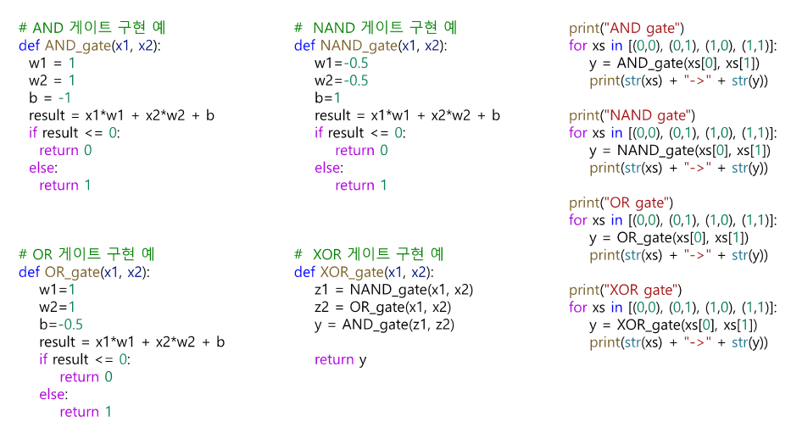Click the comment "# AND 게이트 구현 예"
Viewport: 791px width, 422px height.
92,28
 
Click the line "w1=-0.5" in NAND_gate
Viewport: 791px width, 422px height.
342,64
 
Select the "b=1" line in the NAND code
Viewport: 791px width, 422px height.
327,98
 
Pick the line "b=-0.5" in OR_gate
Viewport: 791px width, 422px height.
61,325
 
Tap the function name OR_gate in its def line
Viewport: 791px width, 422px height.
71,272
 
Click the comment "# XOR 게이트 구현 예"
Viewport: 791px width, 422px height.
369,254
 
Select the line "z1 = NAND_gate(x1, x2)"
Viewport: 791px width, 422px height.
393,290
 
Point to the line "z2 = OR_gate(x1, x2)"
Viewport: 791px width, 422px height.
382,308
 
